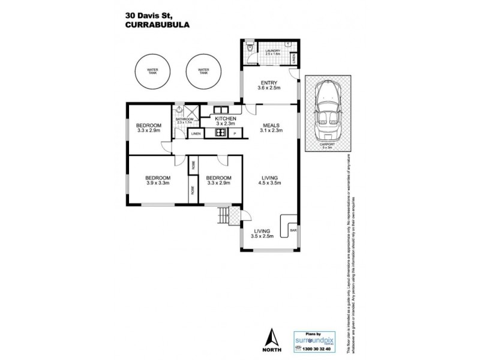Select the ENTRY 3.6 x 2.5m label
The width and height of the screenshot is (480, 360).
pyautogui.click(x=268, y=85)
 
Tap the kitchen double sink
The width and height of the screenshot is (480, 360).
pyautogui.click(x=220, y=110)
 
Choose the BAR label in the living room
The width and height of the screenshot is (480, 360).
pyautogui.click(x=293, y=229)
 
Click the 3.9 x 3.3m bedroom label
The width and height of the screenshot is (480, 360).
pyautogui.click(x=158, y=181)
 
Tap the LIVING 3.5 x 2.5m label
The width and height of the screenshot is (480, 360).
pyautogui.click(x=263, y=233)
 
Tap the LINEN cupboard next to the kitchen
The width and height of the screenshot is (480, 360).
pyautogui.click(x=196, y=134)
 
